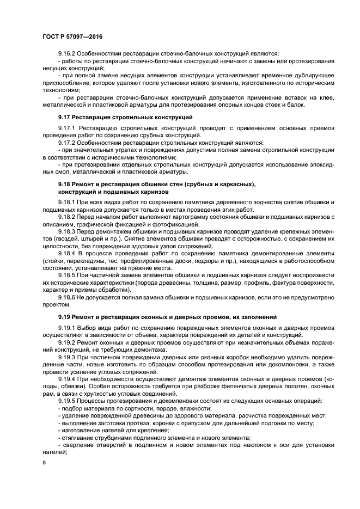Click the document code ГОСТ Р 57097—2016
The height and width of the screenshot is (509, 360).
(x=72, y=36)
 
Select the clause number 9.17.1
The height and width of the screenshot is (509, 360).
(x=67, y=128)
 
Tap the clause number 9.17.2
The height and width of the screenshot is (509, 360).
(x=67, y=142)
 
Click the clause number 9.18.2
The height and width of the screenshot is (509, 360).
(x=67, y=217)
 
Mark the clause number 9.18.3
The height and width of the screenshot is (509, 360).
(x=67, y=231)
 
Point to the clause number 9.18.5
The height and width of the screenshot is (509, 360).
(x=67, y=275)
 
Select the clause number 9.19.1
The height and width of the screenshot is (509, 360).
(x=67, y=328)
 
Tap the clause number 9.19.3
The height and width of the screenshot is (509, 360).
(x=67, y=357)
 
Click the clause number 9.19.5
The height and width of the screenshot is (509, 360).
(x=67, y=401)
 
